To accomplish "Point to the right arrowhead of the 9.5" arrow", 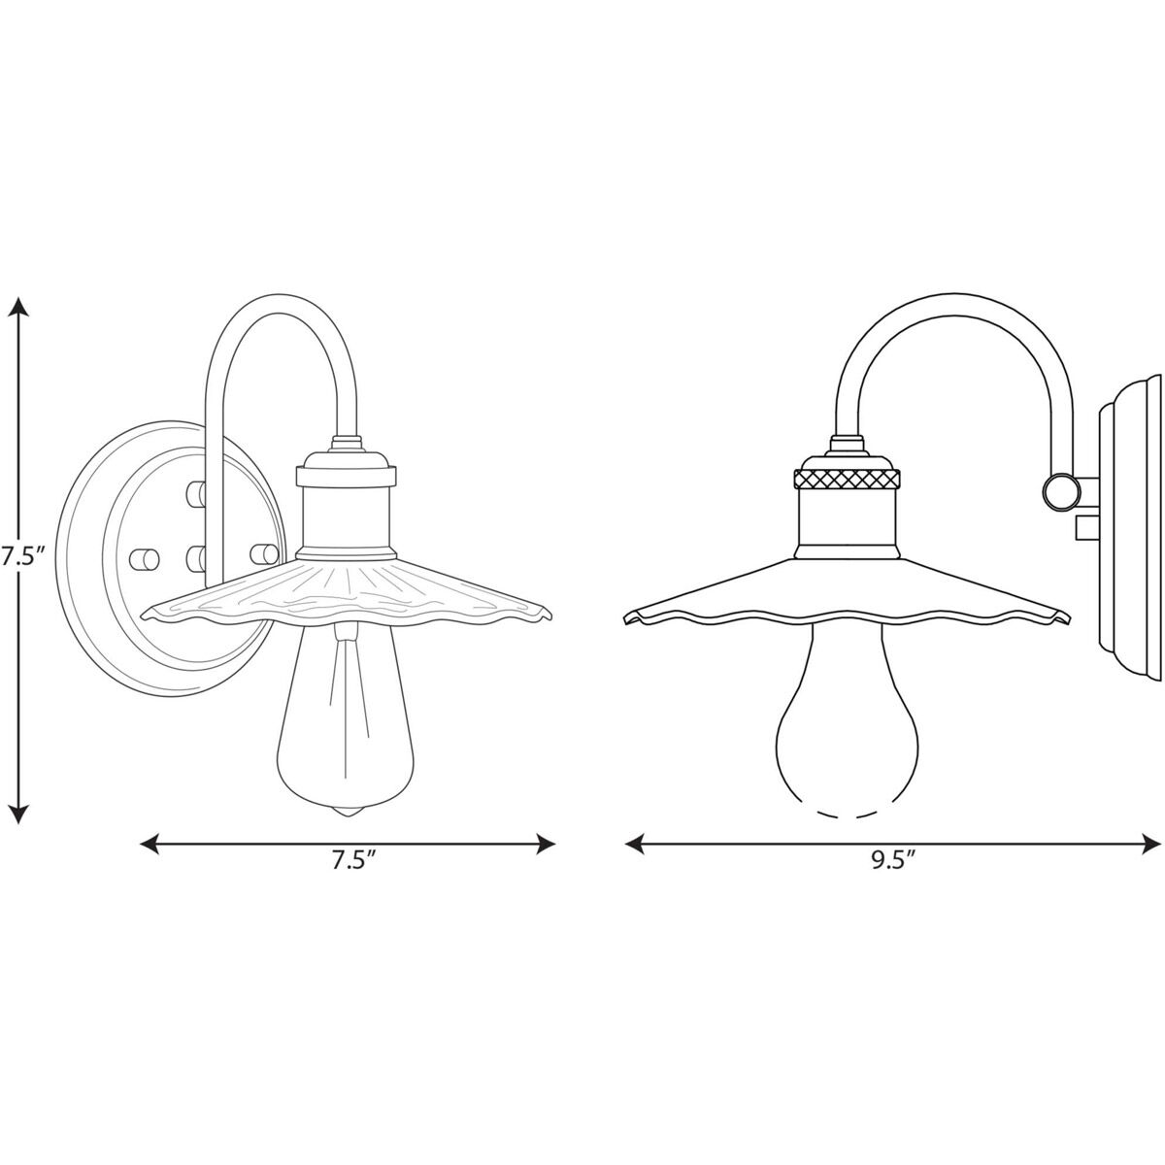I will (1152, 842).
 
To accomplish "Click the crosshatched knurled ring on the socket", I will (846, 479).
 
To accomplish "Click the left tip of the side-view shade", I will (626, 617).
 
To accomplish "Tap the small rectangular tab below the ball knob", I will (1086, 528).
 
